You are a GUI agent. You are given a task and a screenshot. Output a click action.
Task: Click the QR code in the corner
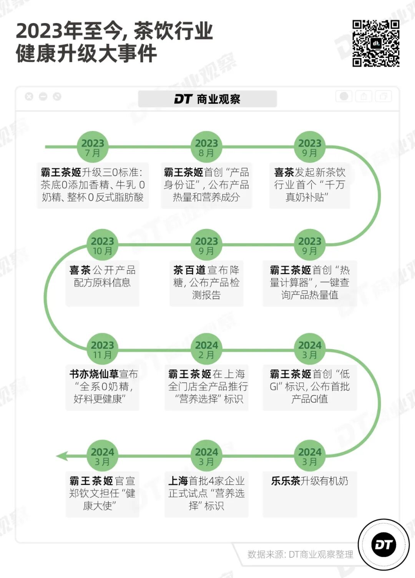click(x=376, y=43)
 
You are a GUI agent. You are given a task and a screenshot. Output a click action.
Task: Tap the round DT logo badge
click(x=383, y=544)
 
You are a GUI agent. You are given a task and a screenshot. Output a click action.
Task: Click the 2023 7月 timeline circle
click(x=93, y=147)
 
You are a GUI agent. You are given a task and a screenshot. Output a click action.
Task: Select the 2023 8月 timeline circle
click(x=206, y=147)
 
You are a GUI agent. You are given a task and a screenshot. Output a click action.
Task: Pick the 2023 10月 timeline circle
click(x=102, y=245)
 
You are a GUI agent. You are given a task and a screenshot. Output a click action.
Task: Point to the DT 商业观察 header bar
click(x=207, y=99)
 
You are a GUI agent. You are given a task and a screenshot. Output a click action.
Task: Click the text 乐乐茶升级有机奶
click(x=309, y=481)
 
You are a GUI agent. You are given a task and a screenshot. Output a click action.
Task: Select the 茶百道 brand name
click(x=189, y=270)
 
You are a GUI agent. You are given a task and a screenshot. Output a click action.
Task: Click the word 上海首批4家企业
click(x=206, y=481)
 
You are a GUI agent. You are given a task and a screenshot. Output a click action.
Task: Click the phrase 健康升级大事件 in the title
click(x=86, y=53)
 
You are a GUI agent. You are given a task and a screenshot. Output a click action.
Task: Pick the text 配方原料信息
click(x=102, y=282)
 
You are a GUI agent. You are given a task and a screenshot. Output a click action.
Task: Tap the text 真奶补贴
click(x=306, y=197)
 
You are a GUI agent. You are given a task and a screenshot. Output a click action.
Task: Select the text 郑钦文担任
click(x=92, y=493)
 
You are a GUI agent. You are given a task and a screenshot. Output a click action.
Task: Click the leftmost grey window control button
click(x=29, y=96)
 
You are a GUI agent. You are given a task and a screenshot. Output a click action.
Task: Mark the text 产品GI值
click(x=309, y=399)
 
